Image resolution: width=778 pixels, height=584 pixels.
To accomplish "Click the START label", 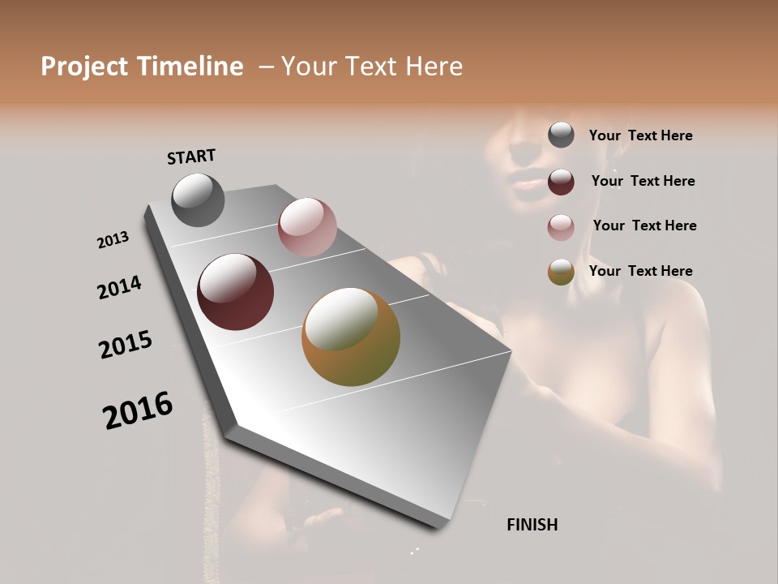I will tap(191, 157).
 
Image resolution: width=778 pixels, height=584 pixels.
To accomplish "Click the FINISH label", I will tap(532, 525).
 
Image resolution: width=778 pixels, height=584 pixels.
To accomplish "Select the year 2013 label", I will tap(113, 240).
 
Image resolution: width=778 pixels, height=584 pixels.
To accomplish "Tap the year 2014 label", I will tap(119, 287).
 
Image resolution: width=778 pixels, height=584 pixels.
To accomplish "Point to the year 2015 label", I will tap(126, 344).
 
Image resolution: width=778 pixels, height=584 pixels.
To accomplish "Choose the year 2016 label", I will tap(138, 410).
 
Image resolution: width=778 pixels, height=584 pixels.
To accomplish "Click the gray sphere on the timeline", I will tap(198, 200).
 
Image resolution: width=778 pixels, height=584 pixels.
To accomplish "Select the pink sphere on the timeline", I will tap(307, 227).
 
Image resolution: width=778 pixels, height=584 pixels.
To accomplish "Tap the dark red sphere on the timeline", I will tap(235, 292).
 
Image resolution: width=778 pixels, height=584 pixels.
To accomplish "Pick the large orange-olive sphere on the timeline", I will tap(351, 337).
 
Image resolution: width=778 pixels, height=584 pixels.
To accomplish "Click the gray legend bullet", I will tap(561, 135).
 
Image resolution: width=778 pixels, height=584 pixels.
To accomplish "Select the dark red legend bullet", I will tap(561, 182).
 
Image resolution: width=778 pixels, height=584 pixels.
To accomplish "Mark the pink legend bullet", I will tap(561, 227).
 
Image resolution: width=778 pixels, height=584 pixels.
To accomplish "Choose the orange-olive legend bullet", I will tap(561, 272).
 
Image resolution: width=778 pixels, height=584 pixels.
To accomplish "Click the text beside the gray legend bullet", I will tap(640, 135).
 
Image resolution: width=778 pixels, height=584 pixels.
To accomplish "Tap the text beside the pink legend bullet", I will tap(644, 225).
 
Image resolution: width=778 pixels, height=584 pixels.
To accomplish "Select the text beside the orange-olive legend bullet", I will tap(640, 271).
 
